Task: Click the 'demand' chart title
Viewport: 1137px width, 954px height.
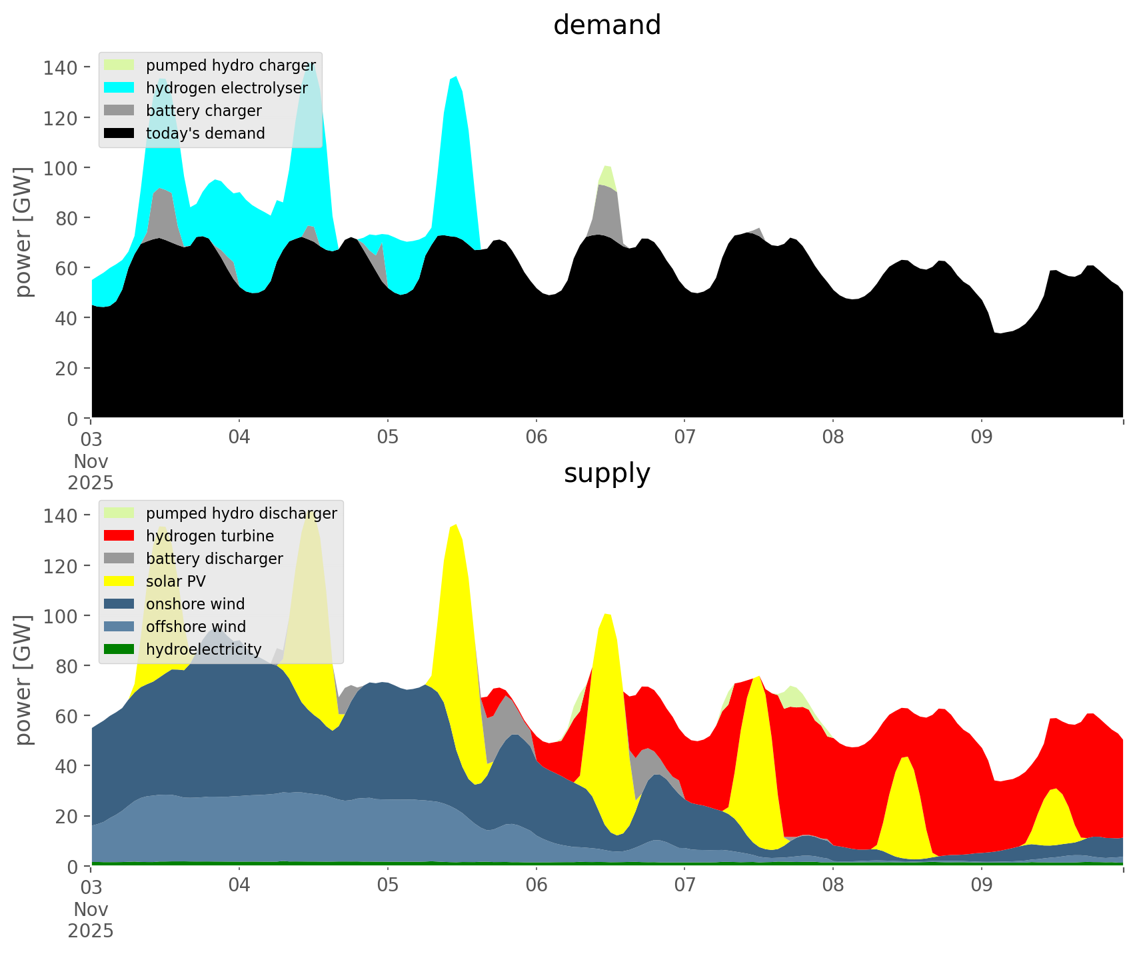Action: (x=606, y=25)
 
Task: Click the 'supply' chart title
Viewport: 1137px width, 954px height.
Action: (x=606, y=473)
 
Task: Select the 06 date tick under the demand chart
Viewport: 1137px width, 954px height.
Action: (x=536, y=437)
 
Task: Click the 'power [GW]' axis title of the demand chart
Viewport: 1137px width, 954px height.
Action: (x=23, y=232)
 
